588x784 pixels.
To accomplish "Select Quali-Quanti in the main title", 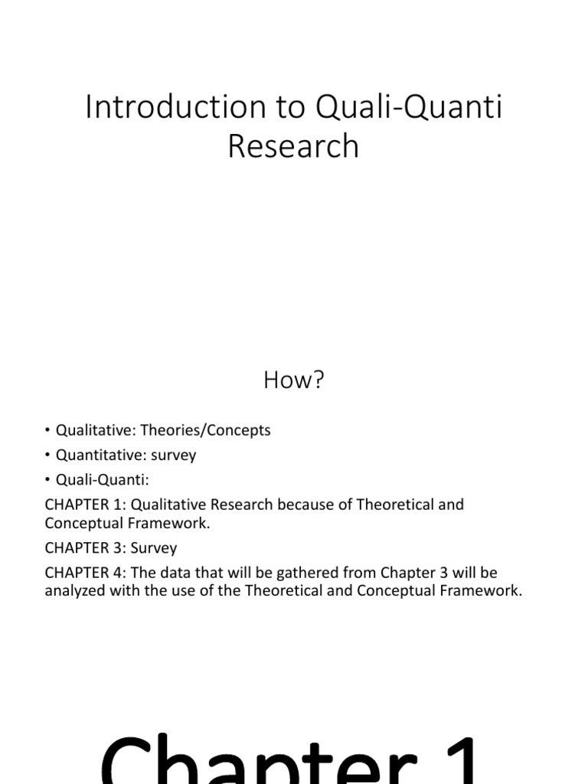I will (409, 108).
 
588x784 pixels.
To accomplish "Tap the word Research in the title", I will (293, 146).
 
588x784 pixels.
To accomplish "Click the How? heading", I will (294, 381).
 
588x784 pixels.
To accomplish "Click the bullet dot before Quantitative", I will (48, 456).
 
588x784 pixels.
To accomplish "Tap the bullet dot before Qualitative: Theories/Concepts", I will (48, 431).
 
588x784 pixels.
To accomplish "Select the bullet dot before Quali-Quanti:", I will (48, 480).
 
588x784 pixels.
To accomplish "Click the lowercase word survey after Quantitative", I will (173, 456).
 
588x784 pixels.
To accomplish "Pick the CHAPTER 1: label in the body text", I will (79, 505).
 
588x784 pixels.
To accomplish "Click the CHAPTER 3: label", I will (79, 548).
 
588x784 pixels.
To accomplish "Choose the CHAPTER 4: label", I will (79, 573).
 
